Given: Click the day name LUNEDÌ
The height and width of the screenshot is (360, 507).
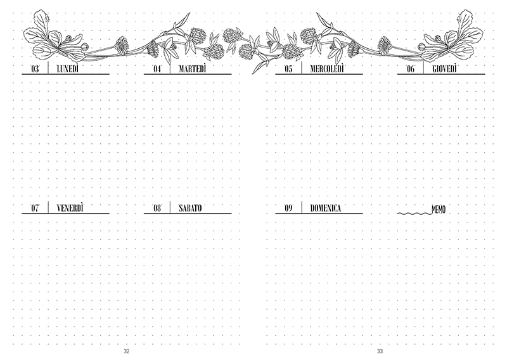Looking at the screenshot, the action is [x=68, y=69].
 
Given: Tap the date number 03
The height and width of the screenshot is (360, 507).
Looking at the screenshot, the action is [x=35, y=69].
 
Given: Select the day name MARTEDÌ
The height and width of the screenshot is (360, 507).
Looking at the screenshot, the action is [x=193, y=69].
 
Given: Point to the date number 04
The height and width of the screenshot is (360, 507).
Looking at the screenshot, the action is [x=157, y=69].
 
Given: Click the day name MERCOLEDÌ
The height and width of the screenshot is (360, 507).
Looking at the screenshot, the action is [x=327, y=69].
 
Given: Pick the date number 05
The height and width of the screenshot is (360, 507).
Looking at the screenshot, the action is [x=288, y=69].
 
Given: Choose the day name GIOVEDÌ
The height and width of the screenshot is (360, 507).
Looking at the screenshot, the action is [x=445, y=69].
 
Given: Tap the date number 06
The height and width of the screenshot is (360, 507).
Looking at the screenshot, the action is [x=411, y=69].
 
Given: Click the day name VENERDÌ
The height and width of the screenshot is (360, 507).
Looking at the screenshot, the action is [x=70, y=208].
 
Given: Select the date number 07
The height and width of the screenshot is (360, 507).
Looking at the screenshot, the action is [x=35, y=208].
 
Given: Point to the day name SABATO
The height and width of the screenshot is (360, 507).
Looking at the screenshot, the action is [x=190, y=208].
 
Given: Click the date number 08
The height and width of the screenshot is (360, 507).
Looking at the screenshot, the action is [x=157, y=208].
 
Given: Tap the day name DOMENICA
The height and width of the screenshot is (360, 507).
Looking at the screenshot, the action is [x=325, y=208].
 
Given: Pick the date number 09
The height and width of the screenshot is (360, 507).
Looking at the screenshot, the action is [x=288, y=208].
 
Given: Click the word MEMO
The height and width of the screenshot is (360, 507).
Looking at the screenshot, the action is [x=439, y=210].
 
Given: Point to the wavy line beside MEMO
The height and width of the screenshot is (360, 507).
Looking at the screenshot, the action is [x=414, y=214].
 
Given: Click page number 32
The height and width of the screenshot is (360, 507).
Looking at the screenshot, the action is [x=126, y=351].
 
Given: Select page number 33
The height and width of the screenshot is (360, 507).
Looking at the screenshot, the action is [x=380, y=351].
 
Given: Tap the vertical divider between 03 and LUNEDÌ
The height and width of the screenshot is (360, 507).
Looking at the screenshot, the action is [x=48, y=68].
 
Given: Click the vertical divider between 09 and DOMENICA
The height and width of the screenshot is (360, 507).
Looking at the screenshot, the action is [x=302, y=207].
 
